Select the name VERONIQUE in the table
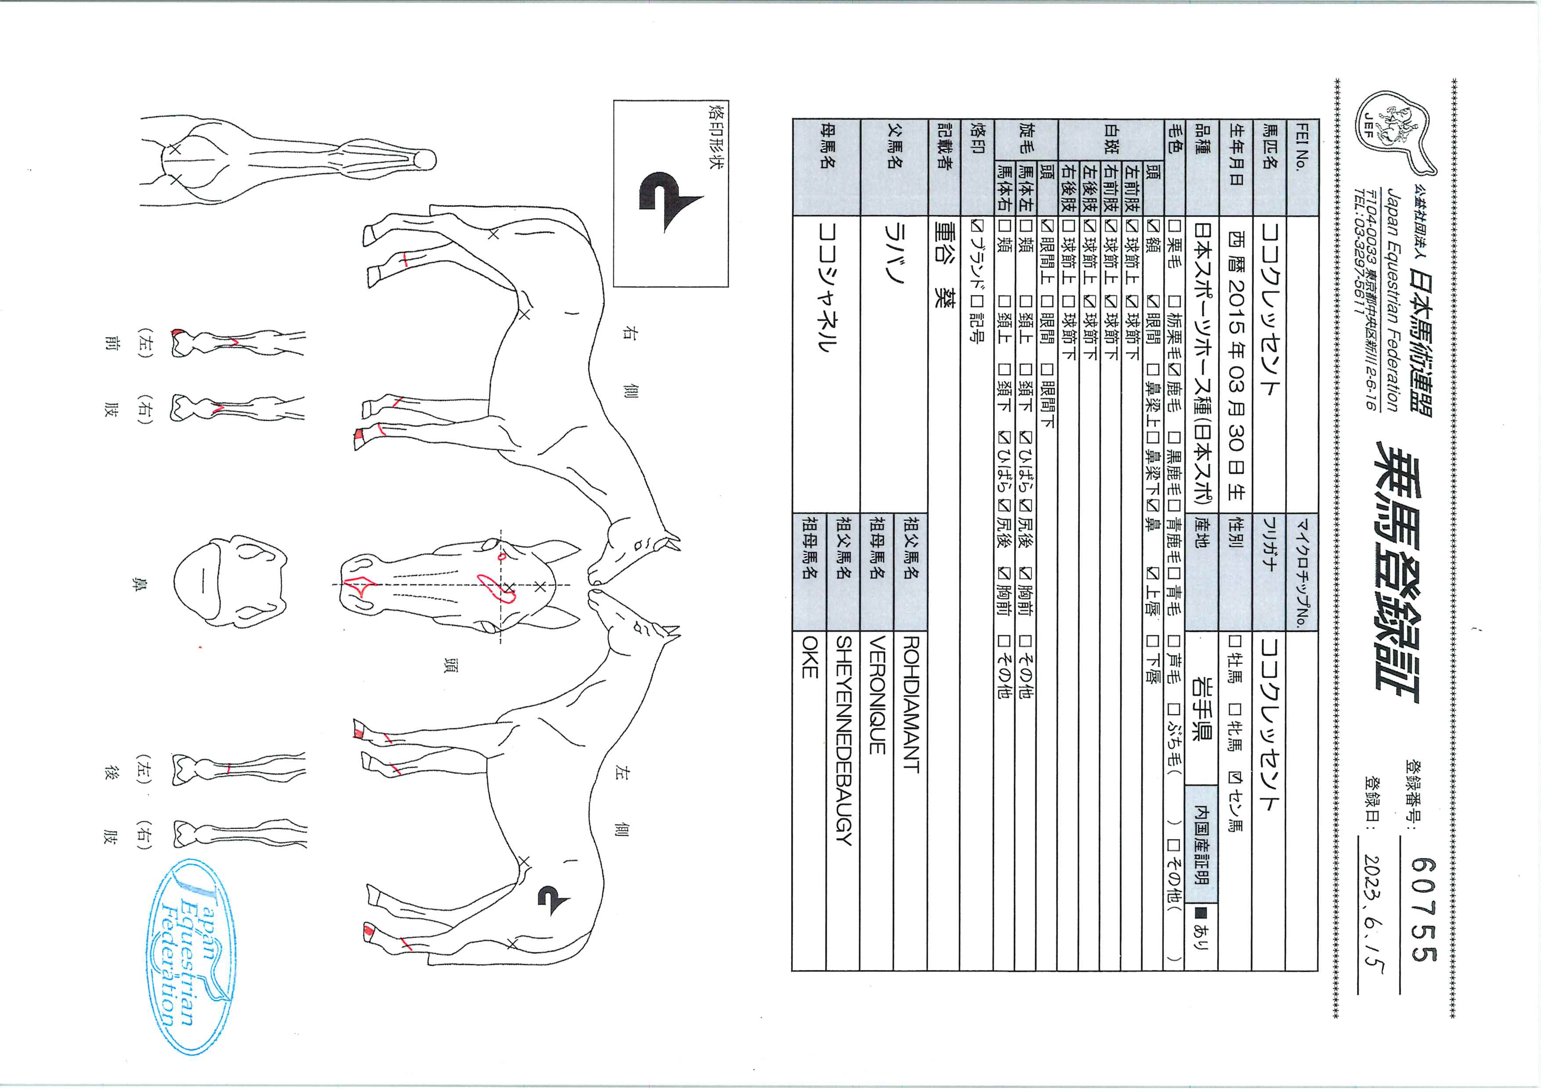pos(877,695)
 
